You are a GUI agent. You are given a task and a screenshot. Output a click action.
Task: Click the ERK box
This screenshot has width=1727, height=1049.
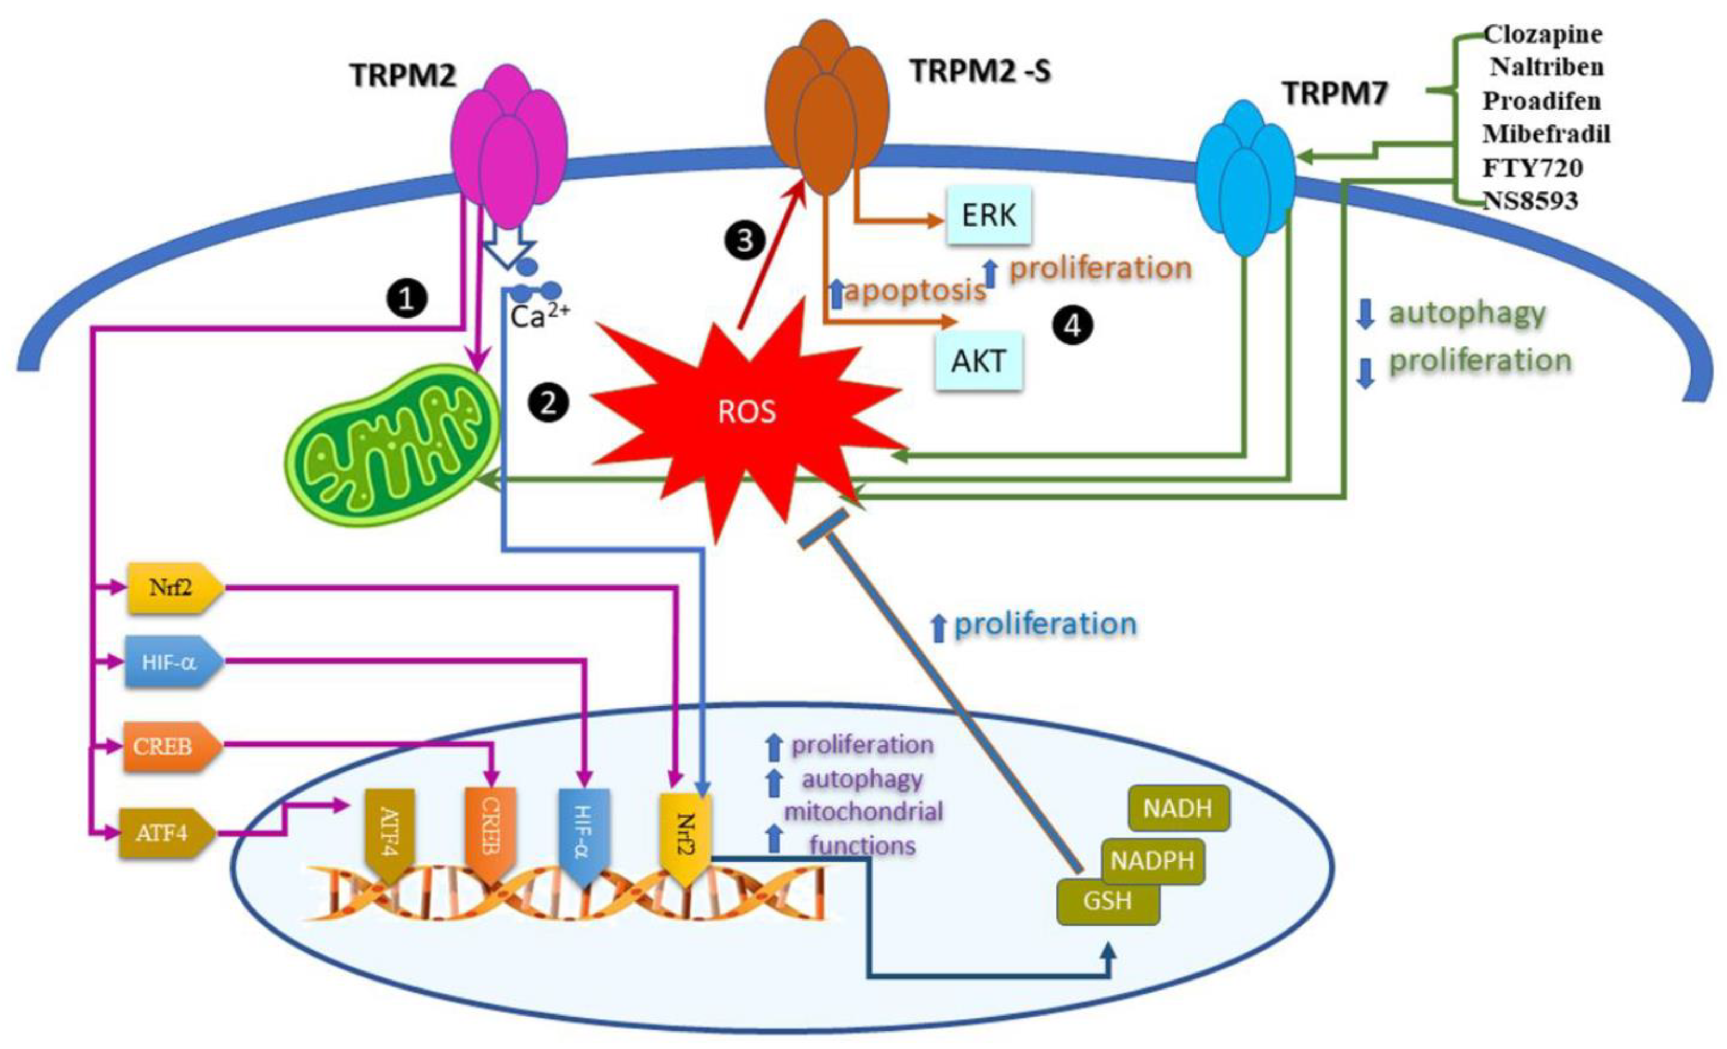pyautogui.click(x=988, y=215)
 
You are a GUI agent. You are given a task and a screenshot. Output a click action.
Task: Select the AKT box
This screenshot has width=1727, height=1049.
pyautogui.click(x=978, y=361)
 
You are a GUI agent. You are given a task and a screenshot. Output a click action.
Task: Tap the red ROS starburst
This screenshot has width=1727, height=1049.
pyautogui.click(x=747, y=414)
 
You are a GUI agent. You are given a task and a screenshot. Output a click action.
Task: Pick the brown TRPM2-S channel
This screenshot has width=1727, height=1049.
pyautogui.click(x=827, y=105)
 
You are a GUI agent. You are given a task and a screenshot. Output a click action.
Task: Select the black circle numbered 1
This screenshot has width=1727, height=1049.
pyautogui.click(x=407, y=299)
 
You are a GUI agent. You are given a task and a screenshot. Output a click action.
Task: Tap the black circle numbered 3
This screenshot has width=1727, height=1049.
pyautogui.click(x=745, y=240)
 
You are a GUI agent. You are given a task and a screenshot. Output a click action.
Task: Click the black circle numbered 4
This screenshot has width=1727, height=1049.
pyautogui.click(x=1072, y=326)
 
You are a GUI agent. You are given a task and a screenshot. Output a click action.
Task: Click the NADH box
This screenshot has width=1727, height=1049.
pyautogui.click(x=1177, y=809)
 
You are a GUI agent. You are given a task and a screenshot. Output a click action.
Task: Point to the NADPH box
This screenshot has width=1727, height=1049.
pyautogui.click(x=1152, y=860)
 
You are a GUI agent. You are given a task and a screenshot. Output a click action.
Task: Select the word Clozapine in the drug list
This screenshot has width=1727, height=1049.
pyautogui.click(x=1543, y=33)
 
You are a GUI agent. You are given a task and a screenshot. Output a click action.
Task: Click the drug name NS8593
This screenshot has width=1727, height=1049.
pyautogui.click(x=1530, y=201)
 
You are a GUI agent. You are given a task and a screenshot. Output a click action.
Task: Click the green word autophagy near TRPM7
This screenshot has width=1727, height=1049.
pyautogui.click(x=1467, y=313)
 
